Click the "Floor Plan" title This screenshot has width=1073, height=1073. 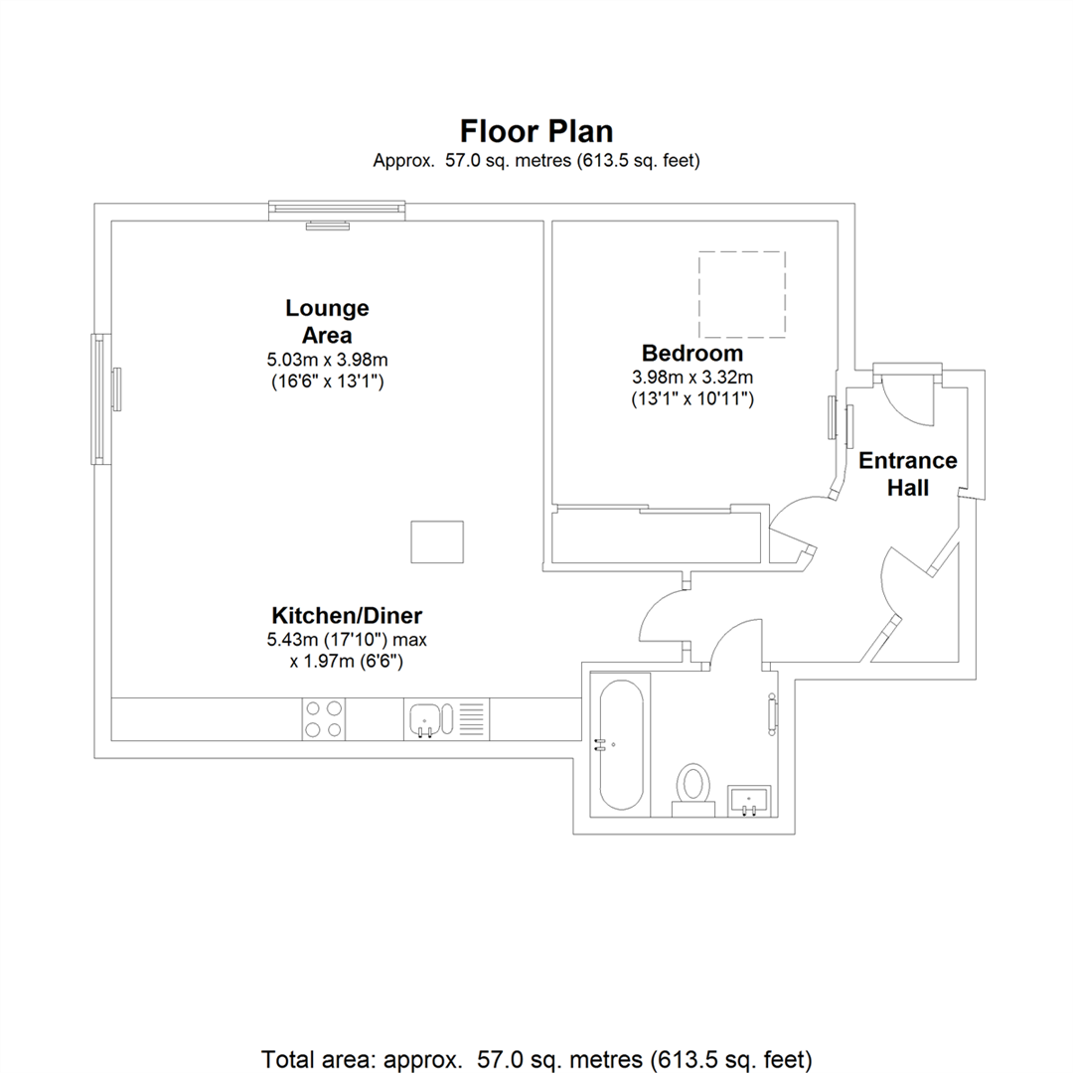[536, 131]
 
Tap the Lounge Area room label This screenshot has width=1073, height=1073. [327, 321]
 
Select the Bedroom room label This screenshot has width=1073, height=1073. [691, 353]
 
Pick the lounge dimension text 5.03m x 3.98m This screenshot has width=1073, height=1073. [327, 359]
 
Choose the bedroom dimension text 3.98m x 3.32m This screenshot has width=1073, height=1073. [692, 378]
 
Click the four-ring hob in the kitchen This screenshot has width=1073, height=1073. [323, 718]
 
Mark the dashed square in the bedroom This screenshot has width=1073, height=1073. [741, 295]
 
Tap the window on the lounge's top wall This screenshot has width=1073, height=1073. [338, 208]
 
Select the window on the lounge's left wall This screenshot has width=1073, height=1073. [98, 397]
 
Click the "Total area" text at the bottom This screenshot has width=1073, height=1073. [536, 1056]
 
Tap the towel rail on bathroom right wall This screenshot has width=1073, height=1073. [773, 714]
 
